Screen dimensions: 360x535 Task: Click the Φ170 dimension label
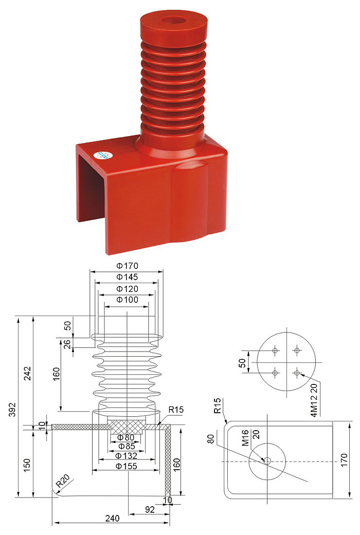coord(127,266)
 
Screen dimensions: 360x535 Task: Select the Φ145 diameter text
coord(127,276)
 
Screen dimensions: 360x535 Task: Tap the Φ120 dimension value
coord(127,289)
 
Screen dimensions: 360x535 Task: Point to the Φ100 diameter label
coord(127,300)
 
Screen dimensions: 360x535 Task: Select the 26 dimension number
coord(68,344)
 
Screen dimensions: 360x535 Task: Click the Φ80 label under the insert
coord(125,437)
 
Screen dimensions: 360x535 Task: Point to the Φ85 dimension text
coord(126,446)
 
